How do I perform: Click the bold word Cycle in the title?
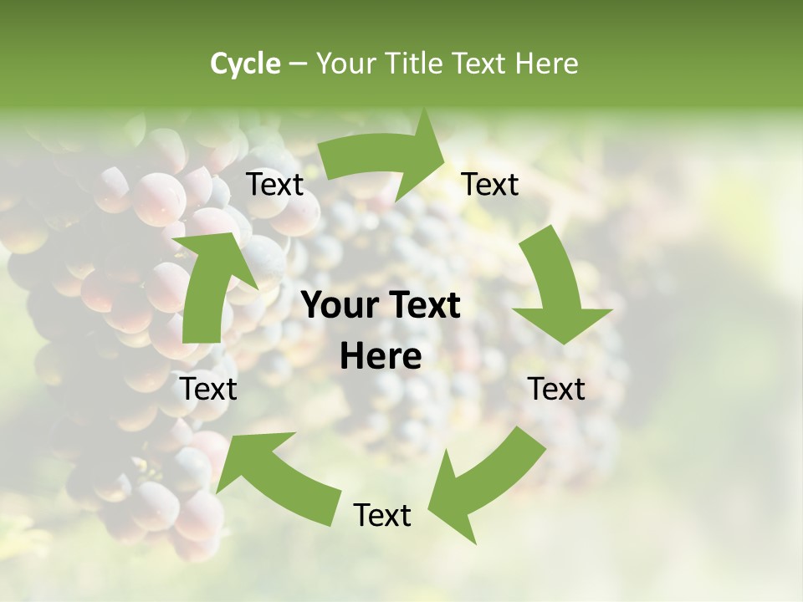point(244,64)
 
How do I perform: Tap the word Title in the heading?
point(415,64)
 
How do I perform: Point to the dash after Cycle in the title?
point(299,64)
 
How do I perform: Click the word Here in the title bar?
point(547,64)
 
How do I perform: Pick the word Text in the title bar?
point(483,64)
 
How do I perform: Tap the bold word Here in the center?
point(381,356)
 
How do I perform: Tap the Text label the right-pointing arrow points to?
point(490,184)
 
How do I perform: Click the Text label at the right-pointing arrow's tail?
point(274,184)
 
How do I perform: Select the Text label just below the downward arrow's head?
point(556,389)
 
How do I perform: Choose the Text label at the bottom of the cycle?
point(382,515)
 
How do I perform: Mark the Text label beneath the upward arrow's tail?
point(209,389)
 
